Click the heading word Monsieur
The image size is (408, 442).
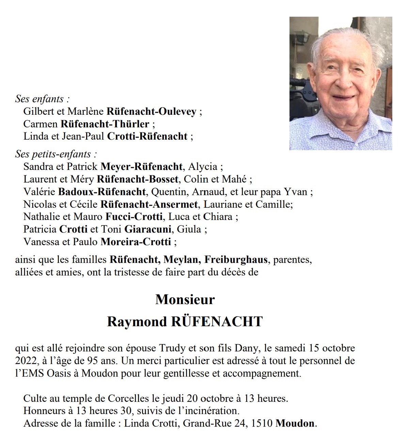(185, 300)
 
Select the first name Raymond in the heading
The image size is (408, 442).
(137, 322)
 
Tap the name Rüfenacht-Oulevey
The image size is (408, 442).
(151, 111)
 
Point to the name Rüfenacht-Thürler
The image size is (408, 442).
(105, 124)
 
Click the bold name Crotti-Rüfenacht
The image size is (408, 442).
(147, 137)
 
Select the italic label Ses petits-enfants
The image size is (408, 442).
(53, 154)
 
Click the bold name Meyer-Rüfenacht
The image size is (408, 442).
(141, 167)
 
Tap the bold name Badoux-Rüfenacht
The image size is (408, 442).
(102, 192)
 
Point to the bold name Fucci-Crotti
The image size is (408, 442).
(134, 217)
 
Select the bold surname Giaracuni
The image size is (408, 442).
(148, 229)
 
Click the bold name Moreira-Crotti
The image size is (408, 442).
(136, 242)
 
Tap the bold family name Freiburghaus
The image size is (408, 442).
(236, 260)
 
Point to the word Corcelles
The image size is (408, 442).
(128, 398)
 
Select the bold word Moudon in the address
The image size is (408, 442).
(295, 423)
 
